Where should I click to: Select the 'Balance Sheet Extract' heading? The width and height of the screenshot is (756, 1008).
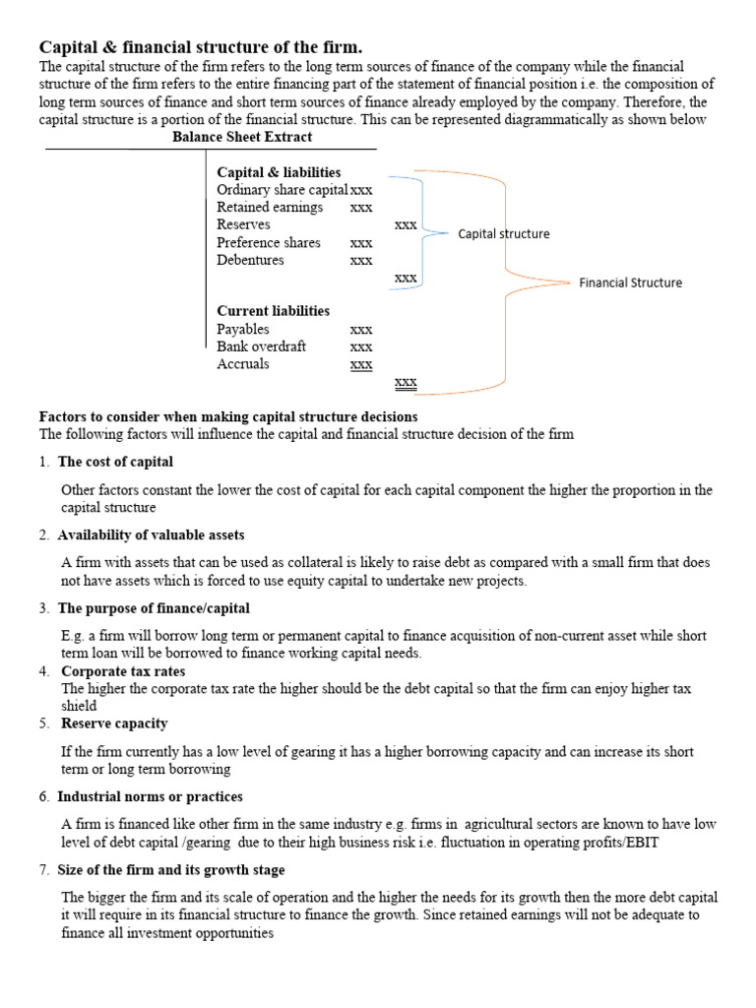[x=242, y=137]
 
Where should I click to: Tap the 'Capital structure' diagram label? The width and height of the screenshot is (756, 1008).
[x=503, y=234]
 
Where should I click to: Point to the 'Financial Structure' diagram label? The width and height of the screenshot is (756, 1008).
[x=630, y=283]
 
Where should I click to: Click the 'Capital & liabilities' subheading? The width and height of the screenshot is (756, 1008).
[x=279, y=172]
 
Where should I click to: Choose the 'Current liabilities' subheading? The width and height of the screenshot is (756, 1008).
[x=273, y=311]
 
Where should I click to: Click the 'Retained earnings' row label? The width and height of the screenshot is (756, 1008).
[x=270, y=208]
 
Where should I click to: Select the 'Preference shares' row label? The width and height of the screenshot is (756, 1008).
[x=269, y=243]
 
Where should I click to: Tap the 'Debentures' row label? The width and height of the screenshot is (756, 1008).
[x=250, y=261]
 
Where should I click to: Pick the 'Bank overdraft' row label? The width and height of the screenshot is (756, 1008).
[x=261, y=346]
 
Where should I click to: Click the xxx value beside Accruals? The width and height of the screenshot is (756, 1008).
[x=361, y=364]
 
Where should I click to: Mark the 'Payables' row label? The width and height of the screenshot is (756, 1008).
[x=242, y=329]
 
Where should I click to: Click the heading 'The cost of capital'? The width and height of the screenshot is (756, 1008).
[x=115, y=462]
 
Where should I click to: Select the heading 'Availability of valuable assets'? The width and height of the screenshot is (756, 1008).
[x=151, y=535]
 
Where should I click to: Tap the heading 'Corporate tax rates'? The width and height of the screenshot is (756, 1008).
[x=121, y=671]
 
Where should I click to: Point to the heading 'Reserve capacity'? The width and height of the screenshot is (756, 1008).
[x=112, y=724]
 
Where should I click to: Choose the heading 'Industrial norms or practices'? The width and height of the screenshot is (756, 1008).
[x=150, y=796]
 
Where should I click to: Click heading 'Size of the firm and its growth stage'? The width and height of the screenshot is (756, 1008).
[x=171, y=870]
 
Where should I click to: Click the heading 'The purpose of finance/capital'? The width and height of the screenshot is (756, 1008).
[x=154, y=608]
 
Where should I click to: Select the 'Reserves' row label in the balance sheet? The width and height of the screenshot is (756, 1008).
[x=243, y=225]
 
